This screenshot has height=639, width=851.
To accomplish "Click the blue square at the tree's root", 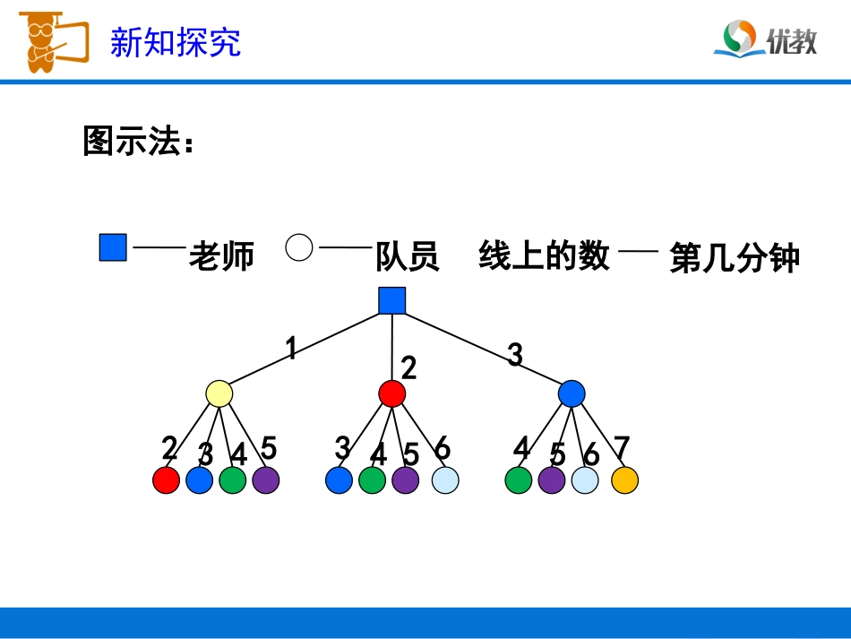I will [x=391, y=301].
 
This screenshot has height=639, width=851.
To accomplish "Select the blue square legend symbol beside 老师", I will [x=113, y=247].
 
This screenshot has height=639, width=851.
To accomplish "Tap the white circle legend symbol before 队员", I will [x=299, y=247].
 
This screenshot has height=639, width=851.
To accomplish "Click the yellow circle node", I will [x=219, y=393].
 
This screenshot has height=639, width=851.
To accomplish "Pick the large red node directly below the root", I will [x=391, y=393].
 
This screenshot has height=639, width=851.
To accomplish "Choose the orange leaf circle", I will [x=624, y=480].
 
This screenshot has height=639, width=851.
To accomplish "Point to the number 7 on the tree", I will [x=622, y=447].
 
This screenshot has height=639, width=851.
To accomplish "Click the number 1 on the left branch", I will [x=290, y=348].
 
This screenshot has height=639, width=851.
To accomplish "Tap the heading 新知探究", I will [x=176, y=42].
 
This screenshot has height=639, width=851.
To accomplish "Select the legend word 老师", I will [x=222, y=257].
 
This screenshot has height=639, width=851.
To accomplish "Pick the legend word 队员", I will [x=408, y=257].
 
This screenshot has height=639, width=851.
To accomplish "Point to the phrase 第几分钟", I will [x=735, y=259].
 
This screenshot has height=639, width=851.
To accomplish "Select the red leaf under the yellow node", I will [x=167, y=480].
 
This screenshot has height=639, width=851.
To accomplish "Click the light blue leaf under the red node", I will [x=444, y=480].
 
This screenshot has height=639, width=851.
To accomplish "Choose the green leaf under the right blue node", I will [x=519, y=480].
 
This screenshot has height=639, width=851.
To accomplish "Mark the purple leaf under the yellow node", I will [x=266, y=480].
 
